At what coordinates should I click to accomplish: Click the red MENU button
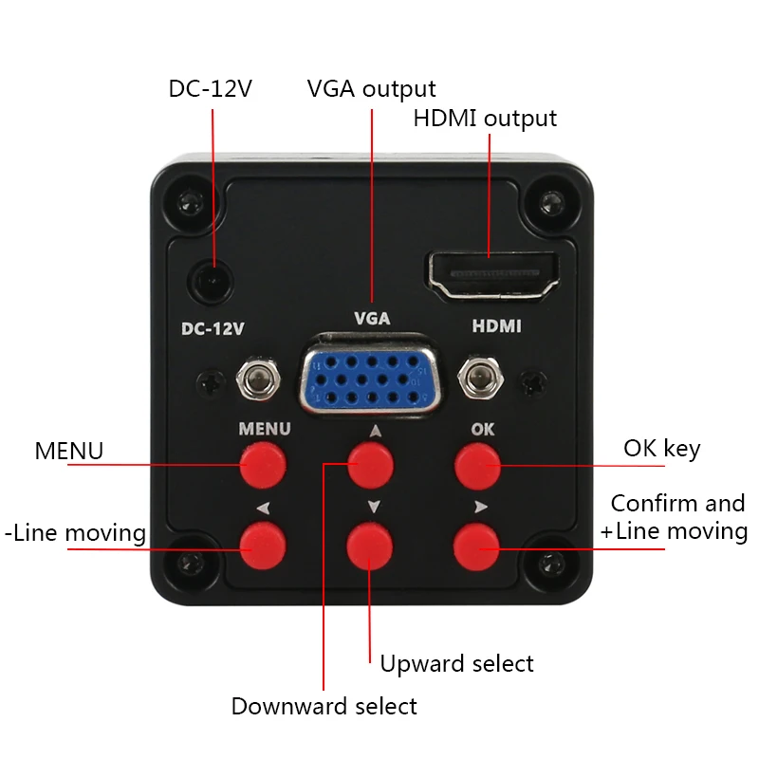264,464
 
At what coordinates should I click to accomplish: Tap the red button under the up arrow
371,464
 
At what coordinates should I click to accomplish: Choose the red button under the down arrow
371,546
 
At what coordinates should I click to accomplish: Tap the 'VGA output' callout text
371,89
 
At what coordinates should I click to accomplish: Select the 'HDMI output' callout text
485,119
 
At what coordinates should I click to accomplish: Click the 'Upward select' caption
456,663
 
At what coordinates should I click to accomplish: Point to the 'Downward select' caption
324,706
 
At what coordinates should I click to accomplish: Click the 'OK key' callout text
661,448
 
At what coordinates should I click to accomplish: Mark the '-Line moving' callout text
75,533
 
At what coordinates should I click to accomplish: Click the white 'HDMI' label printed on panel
496,325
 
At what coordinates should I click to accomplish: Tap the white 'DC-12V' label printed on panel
213,329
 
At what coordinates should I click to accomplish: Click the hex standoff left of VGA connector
258,378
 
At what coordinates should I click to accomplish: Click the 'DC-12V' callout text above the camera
211,89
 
